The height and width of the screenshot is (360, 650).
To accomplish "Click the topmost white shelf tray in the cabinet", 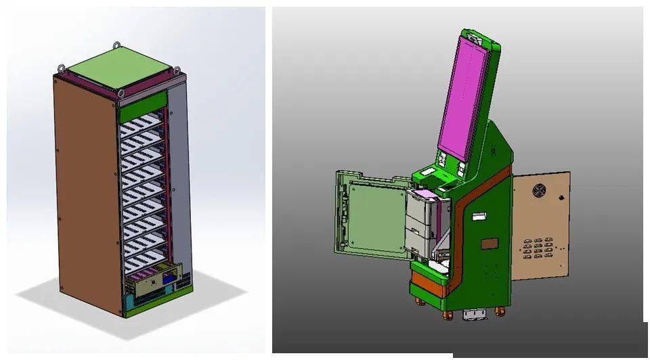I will (x=143, y=126).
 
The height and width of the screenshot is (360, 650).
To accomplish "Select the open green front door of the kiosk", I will (x=369, y=213).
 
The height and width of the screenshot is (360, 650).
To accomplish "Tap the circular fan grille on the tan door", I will (x=539, y=191).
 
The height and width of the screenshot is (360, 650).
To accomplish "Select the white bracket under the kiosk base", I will (x=474, y=315).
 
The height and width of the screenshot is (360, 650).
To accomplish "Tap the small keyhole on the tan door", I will (x=561, y=198).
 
